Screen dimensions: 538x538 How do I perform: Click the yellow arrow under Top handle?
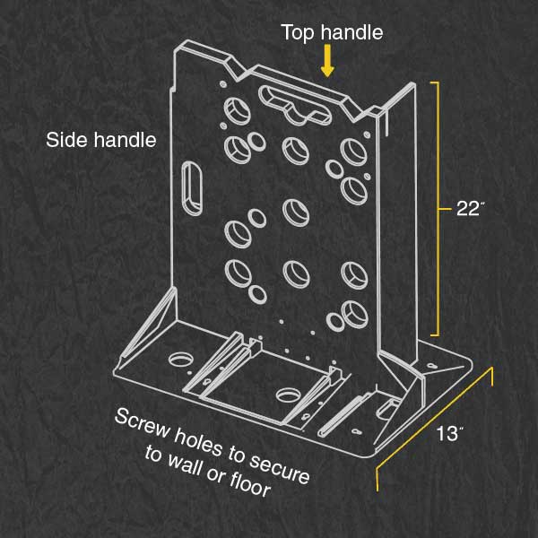point(327,61)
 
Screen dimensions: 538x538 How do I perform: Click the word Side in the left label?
point(65,140)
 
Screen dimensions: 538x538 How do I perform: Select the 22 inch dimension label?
point(470,208)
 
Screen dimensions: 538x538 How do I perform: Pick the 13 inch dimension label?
point(450,433)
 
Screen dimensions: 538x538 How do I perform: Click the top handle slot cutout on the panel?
point(294,105)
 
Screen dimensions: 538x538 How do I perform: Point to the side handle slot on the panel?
point(192,188)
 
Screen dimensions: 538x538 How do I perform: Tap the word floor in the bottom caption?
point(249,484)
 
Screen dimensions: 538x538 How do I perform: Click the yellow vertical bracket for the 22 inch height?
point(438,209)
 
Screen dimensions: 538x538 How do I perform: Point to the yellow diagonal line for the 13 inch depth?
point(435,429)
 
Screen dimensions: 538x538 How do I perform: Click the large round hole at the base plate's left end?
point(180,360)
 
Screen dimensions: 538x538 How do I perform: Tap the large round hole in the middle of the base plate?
point(288,395)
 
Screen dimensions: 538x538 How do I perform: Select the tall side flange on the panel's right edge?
point(397,227)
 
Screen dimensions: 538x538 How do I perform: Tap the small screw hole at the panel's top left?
point(223,83)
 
